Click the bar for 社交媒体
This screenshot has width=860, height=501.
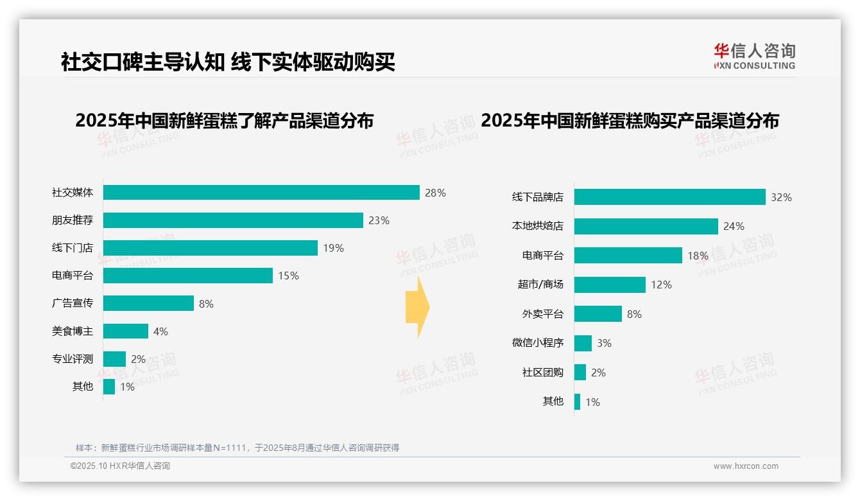coord(261,193)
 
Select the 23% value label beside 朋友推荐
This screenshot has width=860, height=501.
coord(379,220)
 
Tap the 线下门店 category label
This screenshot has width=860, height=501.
coord(72,248)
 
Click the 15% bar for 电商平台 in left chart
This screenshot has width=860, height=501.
coord(188,276)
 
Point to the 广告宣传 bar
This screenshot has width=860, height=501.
coord(148,303)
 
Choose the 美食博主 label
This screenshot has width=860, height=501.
coord(72,331)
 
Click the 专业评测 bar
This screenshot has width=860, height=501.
coord(114,359)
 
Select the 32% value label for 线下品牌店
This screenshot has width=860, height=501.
coord(781,197)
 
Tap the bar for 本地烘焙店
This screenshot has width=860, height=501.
coord(646,226)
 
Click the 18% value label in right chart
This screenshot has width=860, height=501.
coord(698,256)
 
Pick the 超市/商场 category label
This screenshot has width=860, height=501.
coord(540,285)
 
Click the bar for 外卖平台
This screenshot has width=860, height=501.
coord(598,313)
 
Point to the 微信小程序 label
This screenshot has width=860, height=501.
coord(537,343)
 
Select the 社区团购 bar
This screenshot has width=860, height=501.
coord(580,373)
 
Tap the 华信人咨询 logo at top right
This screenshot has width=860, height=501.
coord(754,57)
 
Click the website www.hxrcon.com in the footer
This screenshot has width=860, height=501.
coord(746,466)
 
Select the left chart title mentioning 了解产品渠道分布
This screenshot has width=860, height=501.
coord(224,121)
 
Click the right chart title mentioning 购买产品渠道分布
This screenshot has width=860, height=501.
coord(630,121)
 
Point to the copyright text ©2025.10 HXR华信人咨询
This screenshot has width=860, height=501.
coord(120,466)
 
